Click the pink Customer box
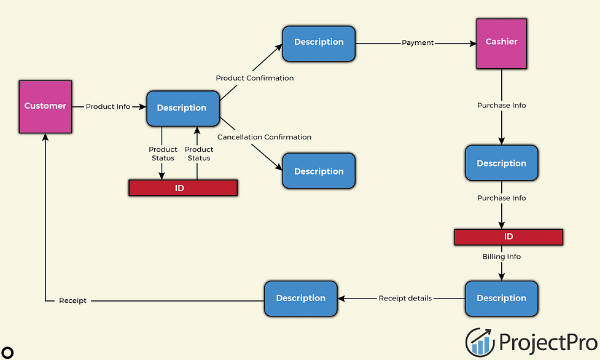45,106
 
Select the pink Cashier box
501,44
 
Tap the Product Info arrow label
108,106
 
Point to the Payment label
418,42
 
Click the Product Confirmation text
255,78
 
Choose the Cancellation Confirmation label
265,137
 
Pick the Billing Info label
501,257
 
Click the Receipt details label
405,299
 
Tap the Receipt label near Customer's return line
72,300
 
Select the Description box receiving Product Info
183,108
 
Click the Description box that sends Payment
319,43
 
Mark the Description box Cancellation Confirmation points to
319,171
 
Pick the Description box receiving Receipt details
301,299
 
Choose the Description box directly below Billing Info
501,299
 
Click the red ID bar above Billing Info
508,237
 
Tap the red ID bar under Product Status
183,187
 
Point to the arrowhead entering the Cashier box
473,44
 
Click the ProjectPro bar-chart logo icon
480,342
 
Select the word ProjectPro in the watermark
548,342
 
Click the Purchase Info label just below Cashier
501,105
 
